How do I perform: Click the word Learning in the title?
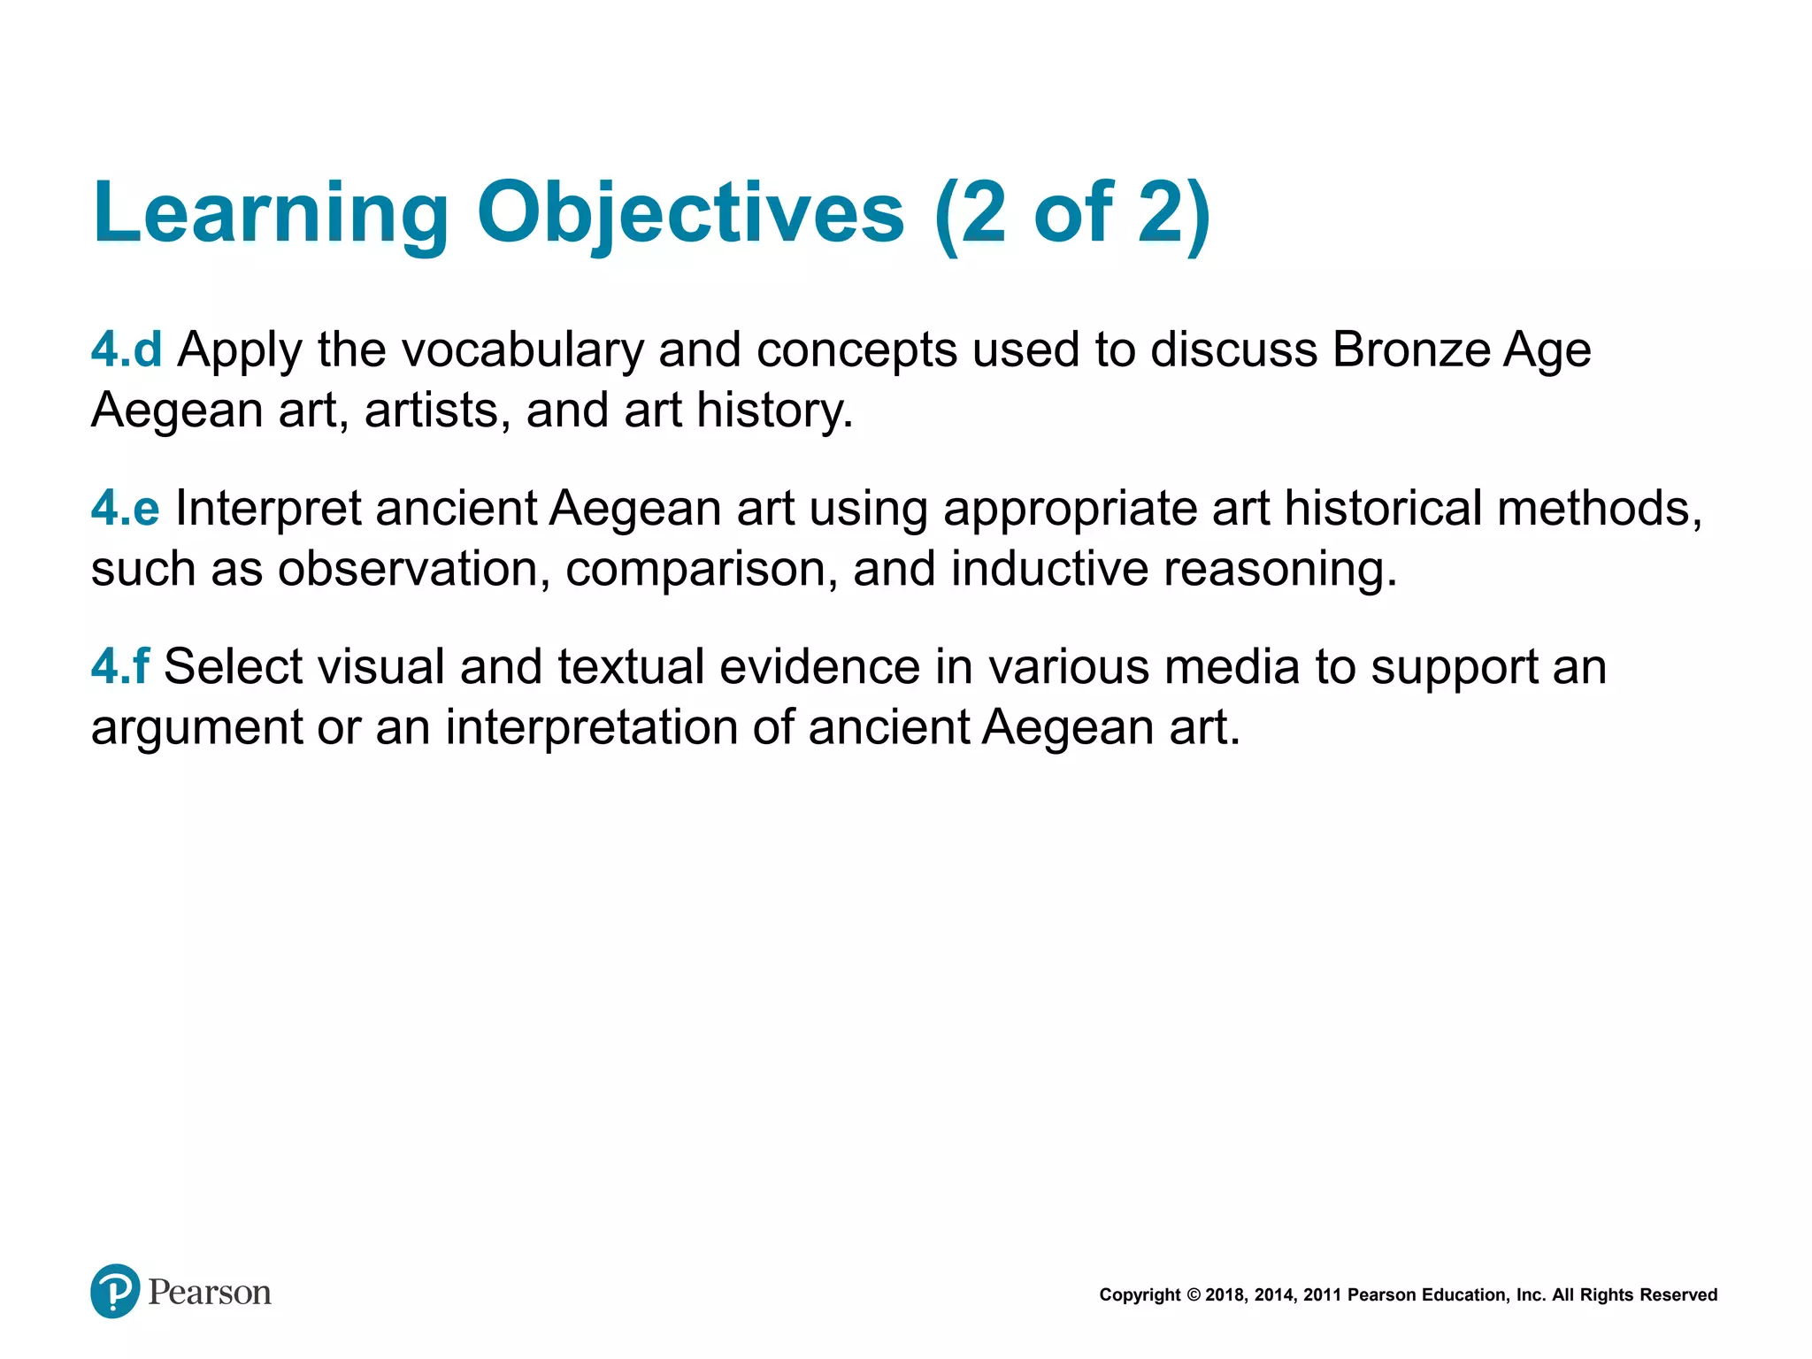point(271,212)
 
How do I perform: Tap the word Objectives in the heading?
point(690,212)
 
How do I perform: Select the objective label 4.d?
point(127,349)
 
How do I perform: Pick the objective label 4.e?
point(126,508)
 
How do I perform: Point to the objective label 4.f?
point(120,666)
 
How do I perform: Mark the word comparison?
point(702,569)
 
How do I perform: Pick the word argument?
point(196,727)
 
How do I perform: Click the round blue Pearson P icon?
point(115,1291)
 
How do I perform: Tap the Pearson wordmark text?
point(210,1293)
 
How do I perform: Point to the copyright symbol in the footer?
point(1194,1295)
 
